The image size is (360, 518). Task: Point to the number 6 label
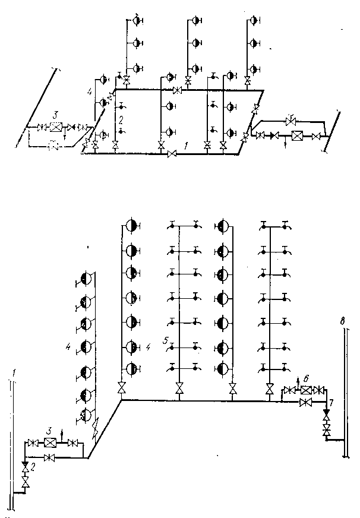[x=306, y=378]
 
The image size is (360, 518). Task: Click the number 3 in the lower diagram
[x=51, y=429]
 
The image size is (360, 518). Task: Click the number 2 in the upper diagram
[x=121, y=121]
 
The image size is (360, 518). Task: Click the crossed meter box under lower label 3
[x=52, y=443]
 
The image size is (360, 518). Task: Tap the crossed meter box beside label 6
[x=306, y=390]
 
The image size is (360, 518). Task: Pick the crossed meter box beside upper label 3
[x=56, y=127]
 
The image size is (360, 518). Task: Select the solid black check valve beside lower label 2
[x=24, y=463]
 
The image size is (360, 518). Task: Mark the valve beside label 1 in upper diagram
[x=172, y=154]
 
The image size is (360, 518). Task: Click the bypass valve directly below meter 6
[x=307, y=402]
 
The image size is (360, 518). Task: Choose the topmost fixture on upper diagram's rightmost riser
[x=254, y=20]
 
